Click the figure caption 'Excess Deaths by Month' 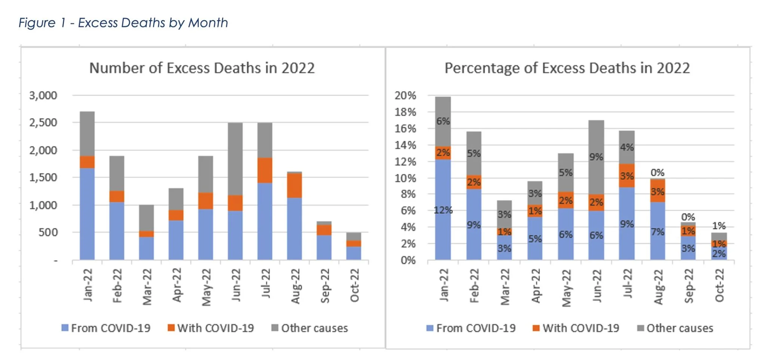[x=123, y=23]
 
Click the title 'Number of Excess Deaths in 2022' [x=202, y=68]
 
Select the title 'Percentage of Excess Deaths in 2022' [x=567, y=68]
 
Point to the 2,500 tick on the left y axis [x=43, y=123]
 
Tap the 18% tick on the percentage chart [x=405, y=112]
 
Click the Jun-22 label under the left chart [x=236, y=285]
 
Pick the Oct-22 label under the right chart [x=719, y=286]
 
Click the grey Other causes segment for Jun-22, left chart [x=235, y=159]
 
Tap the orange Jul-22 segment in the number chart [x=265, y=170]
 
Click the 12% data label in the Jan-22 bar [x=443, y=210]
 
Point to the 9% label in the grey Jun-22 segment [x=596, y=157]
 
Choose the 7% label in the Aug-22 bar [x=658, y=232]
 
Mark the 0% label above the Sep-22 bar [x=688, y=217]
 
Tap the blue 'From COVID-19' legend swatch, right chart [x=430, y=328]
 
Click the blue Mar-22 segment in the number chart [x=146, y=248]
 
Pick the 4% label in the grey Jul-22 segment [x=627, y=147]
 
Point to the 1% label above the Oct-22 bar [x=719, y=226]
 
